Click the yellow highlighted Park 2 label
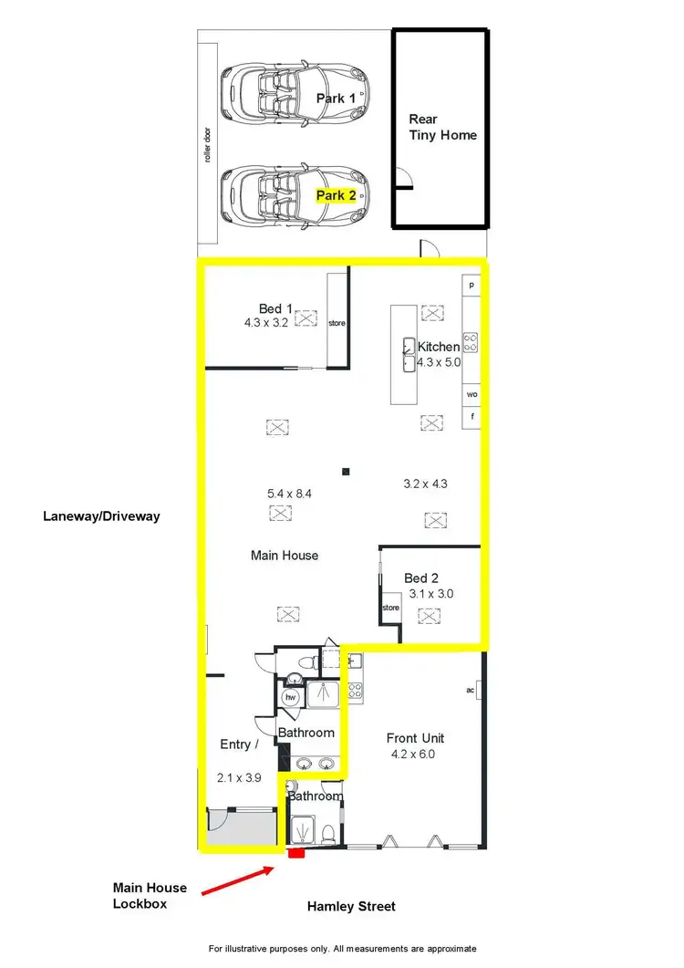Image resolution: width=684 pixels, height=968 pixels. pos(336,195)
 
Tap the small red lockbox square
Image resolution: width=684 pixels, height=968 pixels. pos(295,855)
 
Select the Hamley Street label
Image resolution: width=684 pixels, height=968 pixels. pos(351,907)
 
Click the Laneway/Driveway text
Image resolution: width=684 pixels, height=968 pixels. pos(101,516)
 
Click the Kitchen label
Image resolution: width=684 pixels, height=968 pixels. pos(439,347)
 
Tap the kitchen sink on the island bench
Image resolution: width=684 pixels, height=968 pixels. pos(407,355)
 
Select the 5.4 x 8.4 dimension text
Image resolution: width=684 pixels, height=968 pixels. pos(290,494)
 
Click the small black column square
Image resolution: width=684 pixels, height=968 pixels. pos(346,472)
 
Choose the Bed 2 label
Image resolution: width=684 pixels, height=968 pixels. pos(422,578)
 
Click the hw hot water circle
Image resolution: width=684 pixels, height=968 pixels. pos(291,698)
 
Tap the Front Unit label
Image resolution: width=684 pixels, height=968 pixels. pos(415,738)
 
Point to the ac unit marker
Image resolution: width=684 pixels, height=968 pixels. pos(472,690)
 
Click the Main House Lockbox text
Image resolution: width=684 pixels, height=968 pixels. pos(150,895)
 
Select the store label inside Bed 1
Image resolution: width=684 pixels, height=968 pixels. pos(337,323)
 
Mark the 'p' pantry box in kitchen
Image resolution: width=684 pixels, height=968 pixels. pos(472,285)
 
